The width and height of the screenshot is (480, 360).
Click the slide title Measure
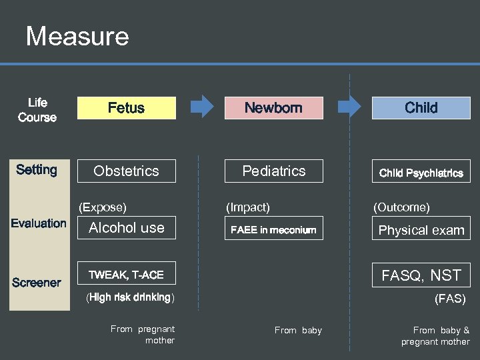point(77,36)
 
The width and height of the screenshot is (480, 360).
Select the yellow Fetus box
point(127,108)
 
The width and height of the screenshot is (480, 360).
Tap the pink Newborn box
point(273,108)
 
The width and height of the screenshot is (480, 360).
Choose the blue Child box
point(421,108)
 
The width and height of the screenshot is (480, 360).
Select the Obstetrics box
point(127,171)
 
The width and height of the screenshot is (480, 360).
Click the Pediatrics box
point(273,171)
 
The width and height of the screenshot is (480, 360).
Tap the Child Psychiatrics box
point(421,173)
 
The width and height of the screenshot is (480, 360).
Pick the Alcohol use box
point(127,228)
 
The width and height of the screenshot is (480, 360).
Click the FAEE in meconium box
point(273,230)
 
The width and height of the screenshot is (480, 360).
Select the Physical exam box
point(421,230)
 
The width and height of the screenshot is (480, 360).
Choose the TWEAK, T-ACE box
point(127,274)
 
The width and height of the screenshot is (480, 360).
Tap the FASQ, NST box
point(421,275)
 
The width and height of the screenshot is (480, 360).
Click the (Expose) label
point(103,207)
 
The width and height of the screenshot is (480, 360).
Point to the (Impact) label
point(247,207)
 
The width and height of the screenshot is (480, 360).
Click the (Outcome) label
point(401,207)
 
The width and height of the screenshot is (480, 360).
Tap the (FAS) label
point(450,299)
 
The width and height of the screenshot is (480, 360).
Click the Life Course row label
point(37,110)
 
